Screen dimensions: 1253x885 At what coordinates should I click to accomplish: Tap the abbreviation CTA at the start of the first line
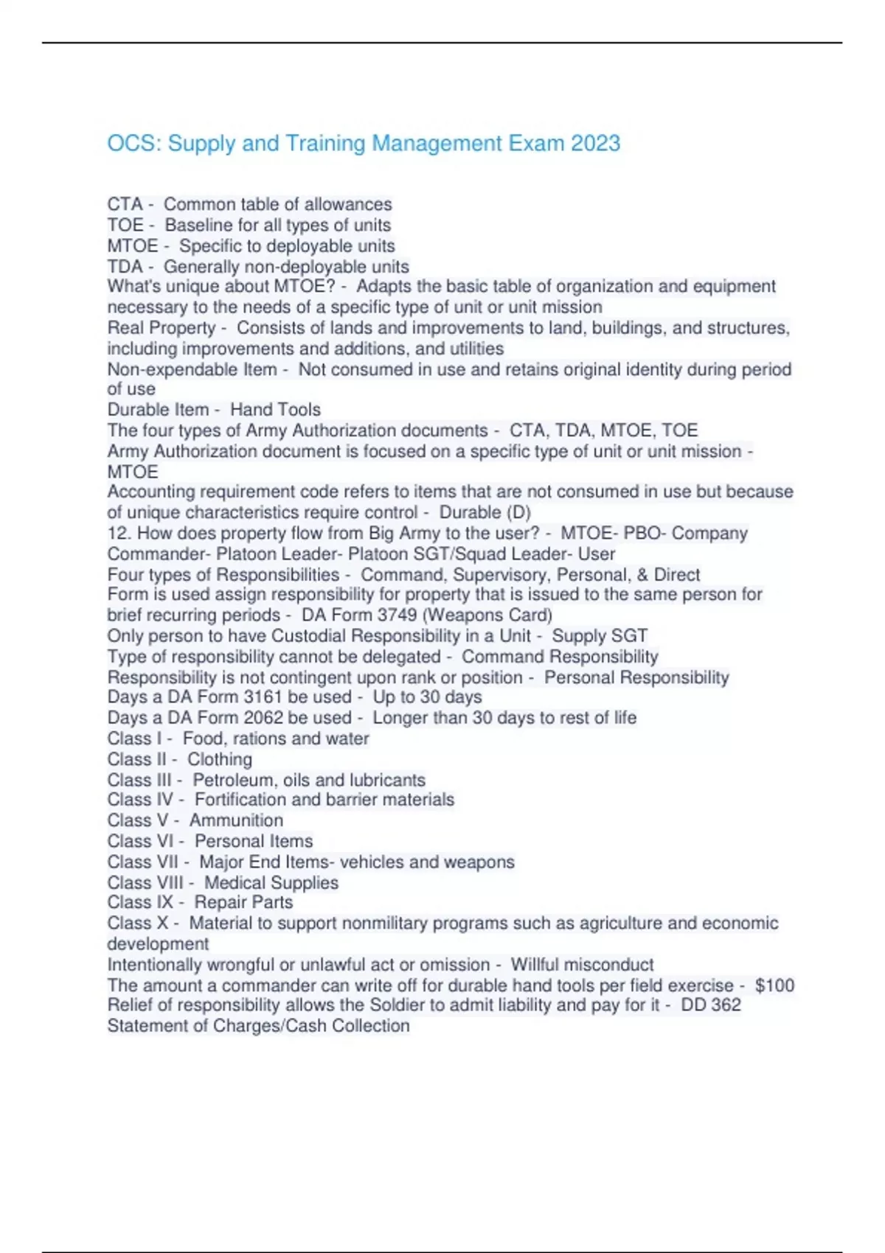pos(125,204)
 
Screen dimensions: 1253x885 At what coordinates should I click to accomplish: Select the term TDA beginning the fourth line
pos(125,266)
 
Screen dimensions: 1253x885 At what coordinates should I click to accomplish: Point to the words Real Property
pos(162,328)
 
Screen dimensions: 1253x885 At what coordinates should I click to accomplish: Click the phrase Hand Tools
pos(275,410)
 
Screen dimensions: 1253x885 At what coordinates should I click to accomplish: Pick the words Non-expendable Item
pos(192,369)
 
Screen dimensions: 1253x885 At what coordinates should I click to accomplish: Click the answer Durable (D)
pos(485,512)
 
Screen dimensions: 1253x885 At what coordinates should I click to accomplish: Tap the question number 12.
pos(119,533)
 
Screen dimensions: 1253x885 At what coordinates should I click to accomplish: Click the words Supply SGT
pos(600,635)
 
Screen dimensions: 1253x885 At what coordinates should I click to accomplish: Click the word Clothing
pos(219,759)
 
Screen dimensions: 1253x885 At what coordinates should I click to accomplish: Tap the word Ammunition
pos(236,820)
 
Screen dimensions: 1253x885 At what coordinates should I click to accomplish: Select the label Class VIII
pos(145,882)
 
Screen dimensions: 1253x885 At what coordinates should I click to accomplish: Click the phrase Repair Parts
pos(243,902)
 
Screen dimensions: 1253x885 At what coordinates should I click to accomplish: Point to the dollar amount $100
pos(774,985)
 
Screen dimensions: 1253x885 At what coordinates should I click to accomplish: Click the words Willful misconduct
pos(582,965)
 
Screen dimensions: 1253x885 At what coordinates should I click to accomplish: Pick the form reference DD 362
pos(711,1005)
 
